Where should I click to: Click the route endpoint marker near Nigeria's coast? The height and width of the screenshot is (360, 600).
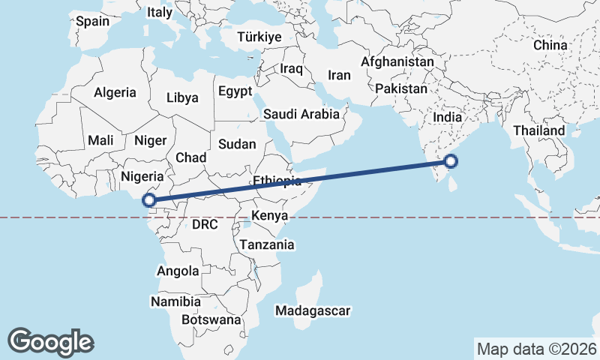149,199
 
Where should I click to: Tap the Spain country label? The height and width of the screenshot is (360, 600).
93,21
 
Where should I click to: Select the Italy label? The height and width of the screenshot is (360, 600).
159,12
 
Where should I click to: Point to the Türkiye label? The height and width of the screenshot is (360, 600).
259,37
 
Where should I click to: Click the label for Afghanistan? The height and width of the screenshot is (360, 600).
397,61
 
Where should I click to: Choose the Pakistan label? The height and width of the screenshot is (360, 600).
401,88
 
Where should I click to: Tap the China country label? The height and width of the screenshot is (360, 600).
550,45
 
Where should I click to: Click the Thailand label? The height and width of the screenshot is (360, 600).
539,130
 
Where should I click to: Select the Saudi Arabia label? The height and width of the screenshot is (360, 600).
301,115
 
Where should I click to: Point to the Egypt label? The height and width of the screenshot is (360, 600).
235,91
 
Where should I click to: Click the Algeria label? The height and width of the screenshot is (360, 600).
115,93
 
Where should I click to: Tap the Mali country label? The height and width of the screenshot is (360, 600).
100,140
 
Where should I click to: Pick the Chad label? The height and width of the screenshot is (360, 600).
190,157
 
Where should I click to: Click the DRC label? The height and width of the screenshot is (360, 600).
205,224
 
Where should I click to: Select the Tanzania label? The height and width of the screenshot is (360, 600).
267,244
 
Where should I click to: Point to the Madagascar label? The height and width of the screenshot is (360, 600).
313,310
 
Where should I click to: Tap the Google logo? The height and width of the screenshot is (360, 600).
50,341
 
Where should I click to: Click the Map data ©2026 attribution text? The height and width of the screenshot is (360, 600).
537,349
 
